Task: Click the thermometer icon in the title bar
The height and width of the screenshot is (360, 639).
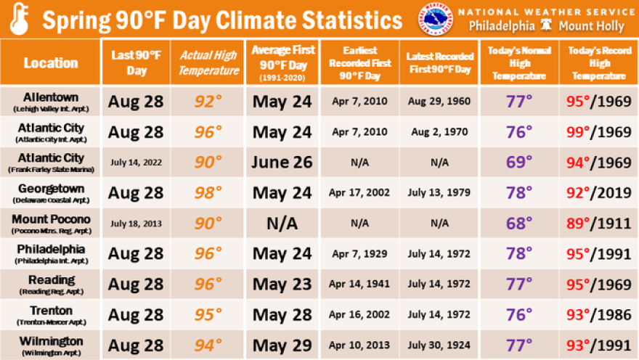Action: tap(19, 20)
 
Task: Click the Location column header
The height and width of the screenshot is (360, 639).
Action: tap(50, 62)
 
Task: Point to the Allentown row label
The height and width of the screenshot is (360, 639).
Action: tap(51, 101)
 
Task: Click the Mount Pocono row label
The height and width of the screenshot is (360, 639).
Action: tap(51, 223)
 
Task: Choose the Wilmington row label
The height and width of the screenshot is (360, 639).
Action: tap(51, 345)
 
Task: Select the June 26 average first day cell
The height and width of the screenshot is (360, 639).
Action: tap(282, 162)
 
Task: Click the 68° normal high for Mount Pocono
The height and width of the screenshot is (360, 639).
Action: tap(519, 223)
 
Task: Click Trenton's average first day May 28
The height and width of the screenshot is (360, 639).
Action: tap(282, 314)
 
